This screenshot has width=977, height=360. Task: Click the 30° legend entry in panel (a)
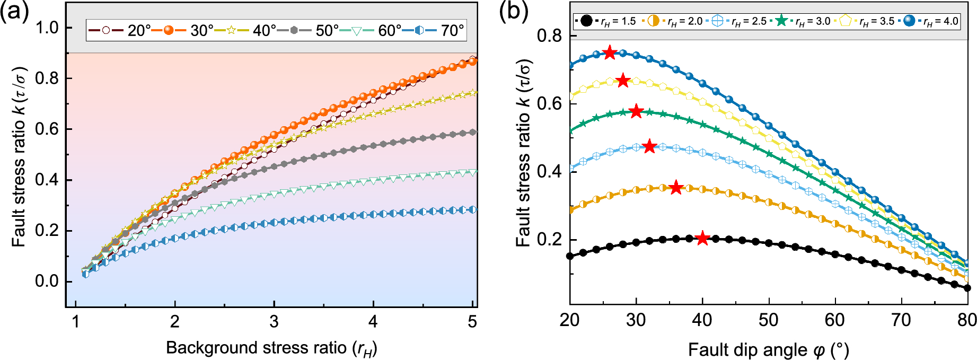tap(183, 30)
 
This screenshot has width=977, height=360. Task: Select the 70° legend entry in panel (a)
tap(433, 30)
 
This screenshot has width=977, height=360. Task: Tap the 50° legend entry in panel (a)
tap(308, 30)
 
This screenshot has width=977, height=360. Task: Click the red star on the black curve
tap(702, 239)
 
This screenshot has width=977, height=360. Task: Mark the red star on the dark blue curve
tap(610, 52)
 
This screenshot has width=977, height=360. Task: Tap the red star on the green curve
tap(636, 111)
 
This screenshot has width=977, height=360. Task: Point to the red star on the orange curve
tap(676, 188)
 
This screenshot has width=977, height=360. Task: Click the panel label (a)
tap(14, 11)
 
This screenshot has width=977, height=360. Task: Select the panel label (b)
tap(514, 11)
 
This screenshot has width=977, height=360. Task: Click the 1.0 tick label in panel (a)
tap(47, 28)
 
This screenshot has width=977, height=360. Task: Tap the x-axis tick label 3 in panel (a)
tap(274, 321)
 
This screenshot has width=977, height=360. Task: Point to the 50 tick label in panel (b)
tap(769, 320)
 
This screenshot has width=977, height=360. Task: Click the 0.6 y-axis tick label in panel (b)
tap(549, 104)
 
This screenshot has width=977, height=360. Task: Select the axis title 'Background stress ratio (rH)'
tap(271, 348)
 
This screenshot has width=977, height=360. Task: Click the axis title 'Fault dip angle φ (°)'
tap(769, 350)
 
